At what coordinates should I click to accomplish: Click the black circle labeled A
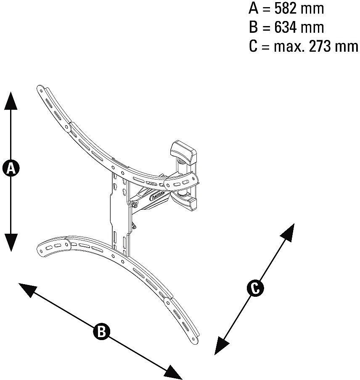(11, 168)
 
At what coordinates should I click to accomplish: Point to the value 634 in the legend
(289, 27)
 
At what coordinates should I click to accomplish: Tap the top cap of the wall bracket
(183, 149)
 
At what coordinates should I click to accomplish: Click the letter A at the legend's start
(253, 8)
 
